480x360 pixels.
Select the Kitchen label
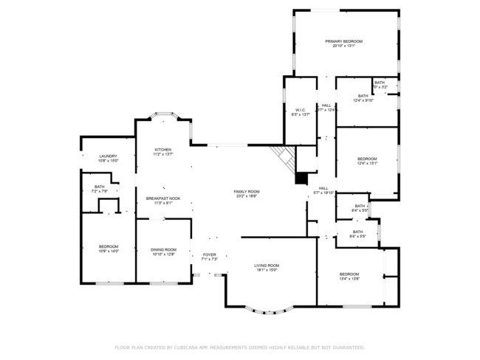[162, 152]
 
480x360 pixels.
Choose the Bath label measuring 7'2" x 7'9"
[99, 189]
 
